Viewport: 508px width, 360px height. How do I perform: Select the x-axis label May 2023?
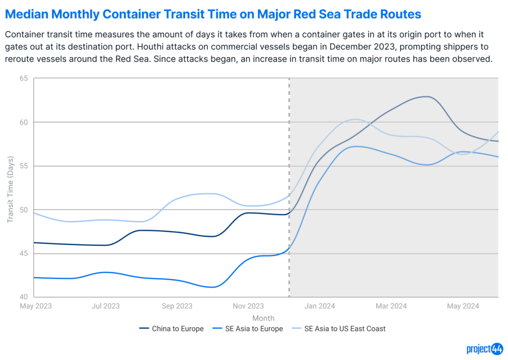35,306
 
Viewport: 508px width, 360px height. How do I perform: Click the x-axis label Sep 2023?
177,306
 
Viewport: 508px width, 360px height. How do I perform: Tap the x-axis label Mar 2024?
391,306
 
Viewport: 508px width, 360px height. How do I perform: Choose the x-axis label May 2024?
462,306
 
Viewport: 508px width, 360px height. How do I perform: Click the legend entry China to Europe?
178,328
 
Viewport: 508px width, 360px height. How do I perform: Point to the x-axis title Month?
263,318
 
